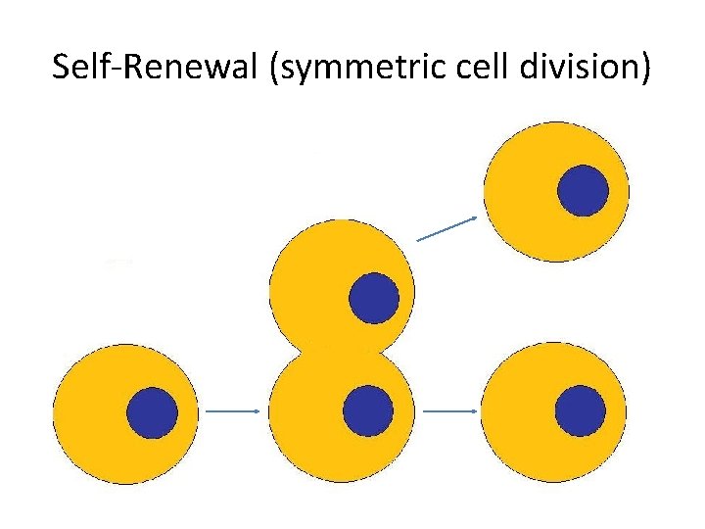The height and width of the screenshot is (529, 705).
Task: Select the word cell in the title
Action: pos(463,69)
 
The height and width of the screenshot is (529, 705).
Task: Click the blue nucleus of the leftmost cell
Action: pos(154,412)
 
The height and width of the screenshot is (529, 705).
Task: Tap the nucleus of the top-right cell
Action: pos(583,190)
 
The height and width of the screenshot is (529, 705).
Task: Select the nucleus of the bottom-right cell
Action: pos(581,410)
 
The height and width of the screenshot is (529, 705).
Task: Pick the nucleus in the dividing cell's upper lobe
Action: pos(374,298)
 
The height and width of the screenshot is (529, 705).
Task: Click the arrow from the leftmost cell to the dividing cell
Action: pos(233,412)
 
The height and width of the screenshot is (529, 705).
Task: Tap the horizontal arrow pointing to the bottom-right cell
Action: pos(450,411)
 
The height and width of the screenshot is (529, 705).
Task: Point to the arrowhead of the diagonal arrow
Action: pos(475,217)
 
